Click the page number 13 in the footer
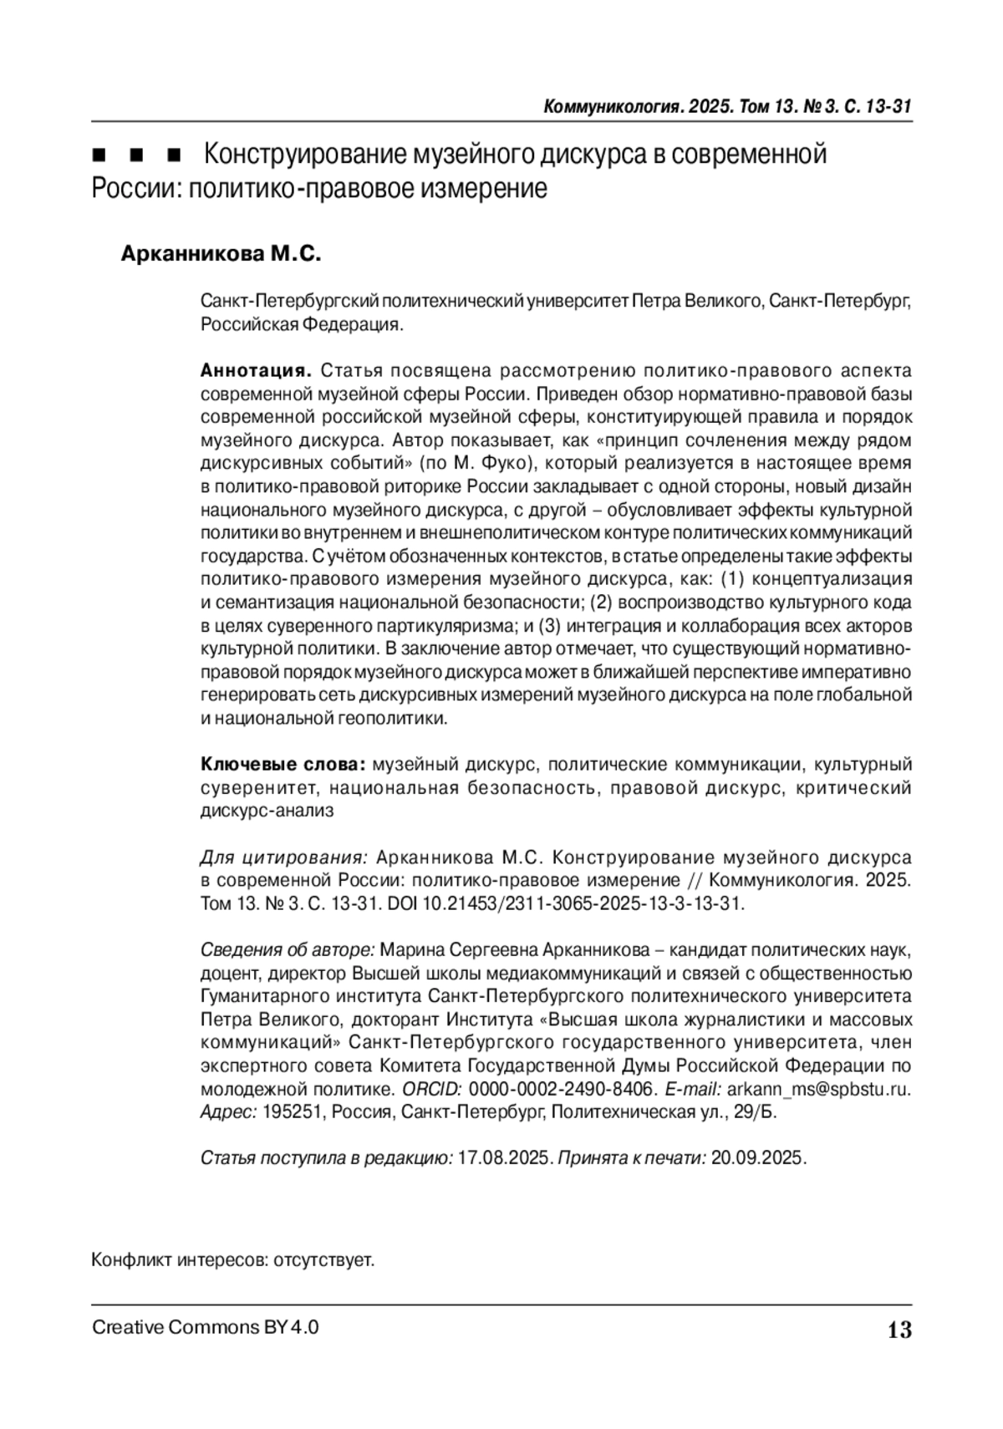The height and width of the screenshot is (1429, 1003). coord(899,1330)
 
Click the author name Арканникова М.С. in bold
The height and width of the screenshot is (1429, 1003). coord(221,254)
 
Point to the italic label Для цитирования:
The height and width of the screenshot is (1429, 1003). coord(284,857)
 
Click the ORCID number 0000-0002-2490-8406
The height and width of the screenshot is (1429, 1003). coord(561,1089)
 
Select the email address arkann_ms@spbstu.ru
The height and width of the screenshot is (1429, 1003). coord(818,1089)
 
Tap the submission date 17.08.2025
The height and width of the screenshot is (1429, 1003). coord(504,1158)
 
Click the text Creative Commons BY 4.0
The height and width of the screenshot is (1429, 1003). coord(205,1327)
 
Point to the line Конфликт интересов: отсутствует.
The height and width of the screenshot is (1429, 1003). coord(232,1259)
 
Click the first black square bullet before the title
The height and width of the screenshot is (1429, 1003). coord(99,155)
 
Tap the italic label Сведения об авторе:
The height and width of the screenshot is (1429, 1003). coord(288,950)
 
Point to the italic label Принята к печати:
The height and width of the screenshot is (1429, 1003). coord(631,1158)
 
